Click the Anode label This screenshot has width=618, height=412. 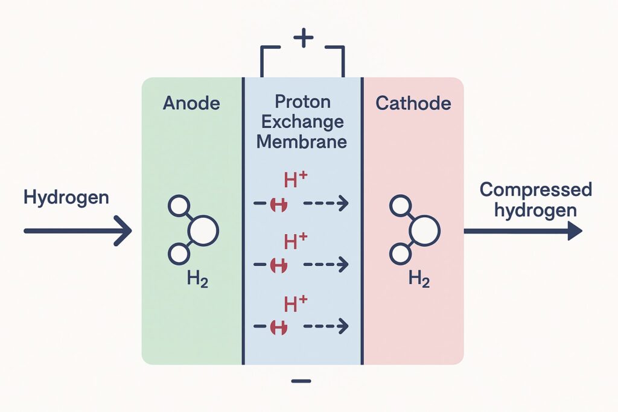point(191,104)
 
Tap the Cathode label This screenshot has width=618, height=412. point(413,104)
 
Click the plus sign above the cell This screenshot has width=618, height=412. point(303,39)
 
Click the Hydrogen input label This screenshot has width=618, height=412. point(66,197)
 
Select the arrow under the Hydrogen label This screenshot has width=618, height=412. point(77,231)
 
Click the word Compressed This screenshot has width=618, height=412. point(536,191)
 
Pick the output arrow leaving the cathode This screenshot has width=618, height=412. point(523,231)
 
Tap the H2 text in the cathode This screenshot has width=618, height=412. point(419,279)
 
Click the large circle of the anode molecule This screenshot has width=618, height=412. point(204,230)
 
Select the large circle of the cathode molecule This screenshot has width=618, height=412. point(425,230)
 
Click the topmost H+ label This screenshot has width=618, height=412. point(296,180)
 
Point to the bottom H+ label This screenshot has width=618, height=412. point(296,303)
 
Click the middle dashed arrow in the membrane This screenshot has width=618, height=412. point(326,264)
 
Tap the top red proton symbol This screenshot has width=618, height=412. point(279,205)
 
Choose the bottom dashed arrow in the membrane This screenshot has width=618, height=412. point(326,327)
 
